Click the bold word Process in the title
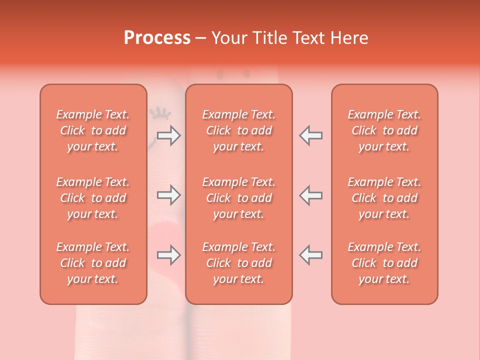click(x=157, y=38)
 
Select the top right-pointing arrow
click(x=169, y=135)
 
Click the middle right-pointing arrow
click(x=169, y=195)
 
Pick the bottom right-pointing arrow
click(x=169, y=255)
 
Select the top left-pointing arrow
click(x=310, y=135)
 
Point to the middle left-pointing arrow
click(x=310, y=195)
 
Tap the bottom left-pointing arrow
click(x=310, y=255)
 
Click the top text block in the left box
click(x=93, y=130)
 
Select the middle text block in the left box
click(x=93, y=198)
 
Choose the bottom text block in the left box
click(x=93, y=263)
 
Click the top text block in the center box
click(x=239, y=130)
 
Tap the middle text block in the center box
click(x=239, y=198)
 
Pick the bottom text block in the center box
click(x=239, y=263)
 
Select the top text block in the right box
click(x=384, y=130)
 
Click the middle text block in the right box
click(x=384, y=198)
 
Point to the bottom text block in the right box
click(x=384, y=263)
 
